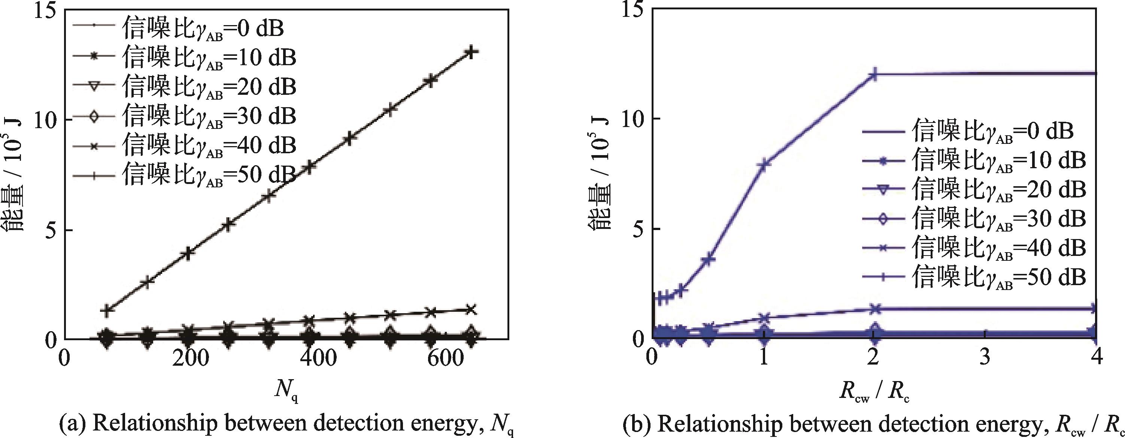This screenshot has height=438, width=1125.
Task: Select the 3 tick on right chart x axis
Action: pyautogui.click(x=986, y=359)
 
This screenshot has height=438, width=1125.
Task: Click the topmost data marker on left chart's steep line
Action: pyautogui.click(x=470, y=52)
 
